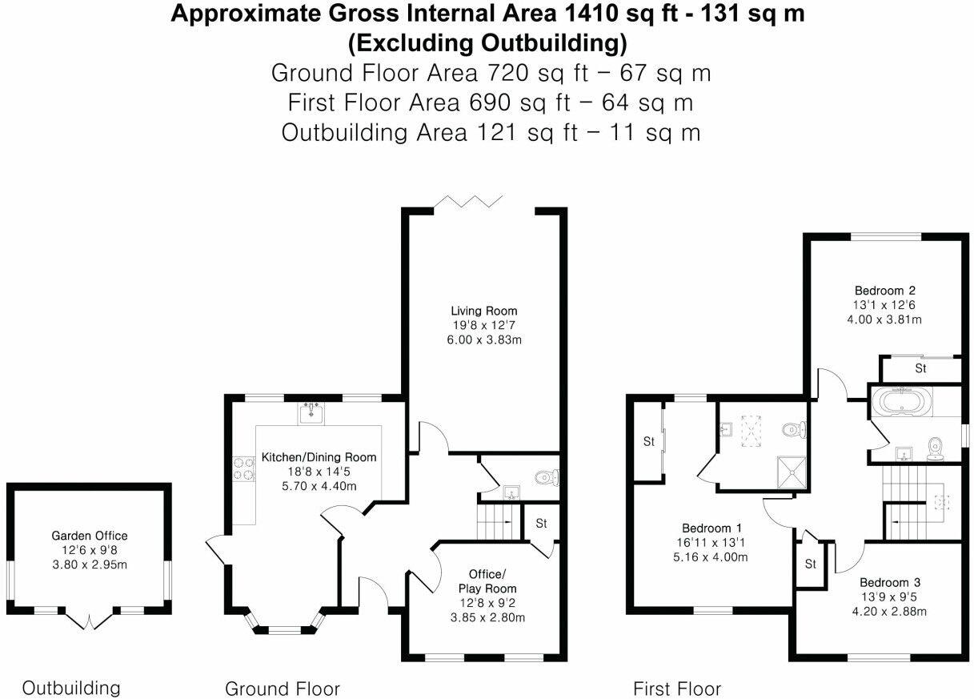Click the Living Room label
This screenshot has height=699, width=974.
483,311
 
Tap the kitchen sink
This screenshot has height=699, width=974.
311,413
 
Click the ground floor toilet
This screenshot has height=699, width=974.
547,478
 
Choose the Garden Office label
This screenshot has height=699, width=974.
89,536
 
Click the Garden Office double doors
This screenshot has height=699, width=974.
89,618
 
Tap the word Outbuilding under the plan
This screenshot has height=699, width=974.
70,688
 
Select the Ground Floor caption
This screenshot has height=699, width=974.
282,689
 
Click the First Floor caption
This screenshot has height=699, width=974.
676,689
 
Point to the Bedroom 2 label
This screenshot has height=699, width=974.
884,291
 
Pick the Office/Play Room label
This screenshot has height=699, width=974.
487,581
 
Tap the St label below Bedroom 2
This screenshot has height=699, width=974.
920,368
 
